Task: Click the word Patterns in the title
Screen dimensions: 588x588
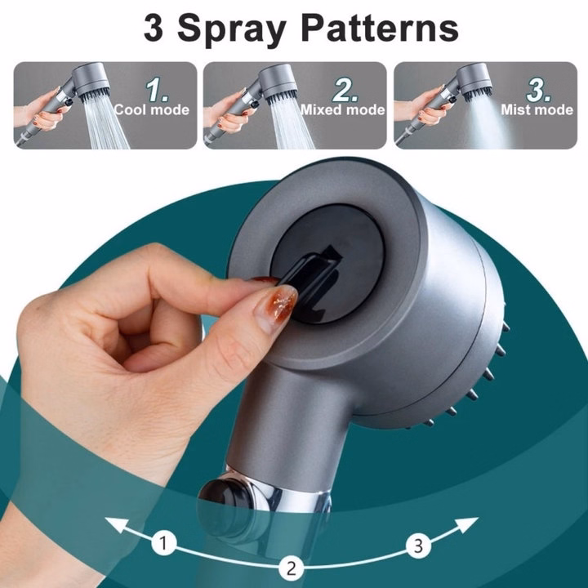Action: (x=380, y=28)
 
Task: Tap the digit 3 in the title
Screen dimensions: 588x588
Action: (x=154, y=28)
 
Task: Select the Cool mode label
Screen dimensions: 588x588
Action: (x=152, y=109)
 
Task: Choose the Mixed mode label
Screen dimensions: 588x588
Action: (x=343, y=109)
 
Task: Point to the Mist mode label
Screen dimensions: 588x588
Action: (x=537, y=109)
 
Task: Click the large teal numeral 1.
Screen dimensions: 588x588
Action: (x=156, y=90)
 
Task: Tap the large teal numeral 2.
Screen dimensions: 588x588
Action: (x=345, y=90)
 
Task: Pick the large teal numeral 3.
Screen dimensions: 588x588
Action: (x=538, y=90)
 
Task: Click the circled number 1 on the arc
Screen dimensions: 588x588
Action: (x=164, y=543)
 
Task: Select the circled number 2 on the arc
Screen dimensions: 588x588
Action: (x=292, y=568)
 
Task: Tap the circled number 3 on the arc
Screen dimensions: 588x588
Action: (x=418, y=546)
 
